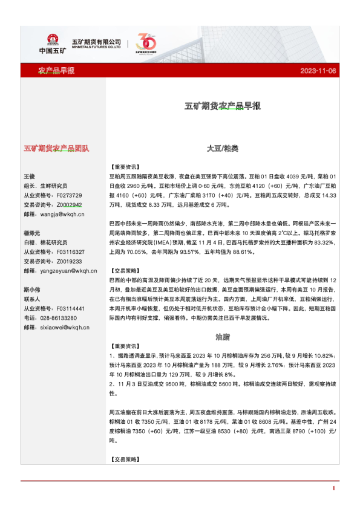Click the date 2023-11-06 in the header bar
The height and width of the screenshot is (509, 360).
(318, 71)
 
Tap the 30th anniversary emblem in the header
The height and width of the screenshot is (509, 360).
(147, 44)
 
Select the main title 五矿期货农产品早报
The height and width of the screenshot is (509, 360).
(222, 106)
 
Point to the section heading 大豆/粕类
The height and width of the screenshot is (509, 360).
(222, 148)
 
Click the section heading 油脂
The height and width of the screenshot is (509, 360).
(222, 335)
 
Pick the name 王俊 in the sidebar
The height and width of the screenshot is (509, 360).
(30, 176)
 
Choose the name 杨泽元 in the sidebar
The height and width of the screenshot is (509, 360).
(32, 233)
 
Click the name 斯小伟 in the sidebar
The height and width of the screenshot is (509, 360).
(32, 290)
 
